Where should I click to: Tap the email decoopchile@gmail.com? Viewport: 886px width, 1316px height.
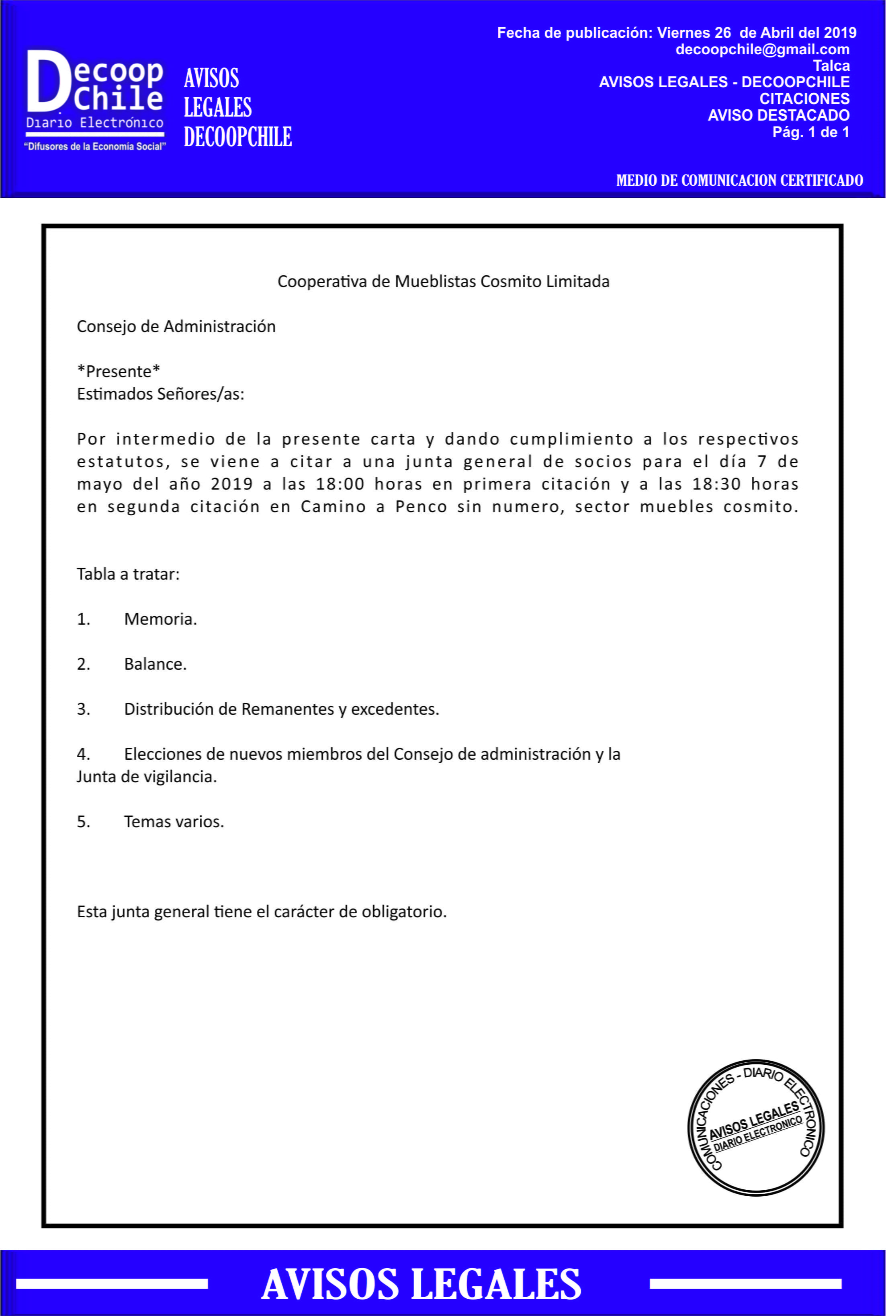pos(762,50)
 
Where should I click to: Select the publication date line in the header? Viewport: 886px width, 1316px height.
pos(676,33)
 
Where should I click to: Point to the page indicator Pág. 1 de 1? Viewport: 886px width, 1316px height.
pos(810,132)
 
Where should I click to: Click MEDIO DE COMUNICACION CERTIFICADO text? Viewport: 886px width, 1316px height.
pos(739,180)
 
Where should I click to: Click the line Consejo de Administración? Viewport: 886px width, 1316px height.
pos(176,327)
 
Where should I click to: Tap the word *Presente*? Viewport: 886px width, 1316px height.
pos(119,371)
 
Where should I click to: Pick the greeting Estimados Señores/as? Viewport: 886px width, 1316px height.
pos(160,394)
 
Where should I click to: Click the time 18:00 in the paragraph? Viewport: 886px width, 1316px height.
pos(340,484)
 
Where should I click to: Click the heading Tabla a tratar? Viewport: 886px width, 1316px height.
pos(128,574)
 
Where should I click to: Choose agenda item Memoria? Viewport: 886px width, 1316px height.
pos(160,619)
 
